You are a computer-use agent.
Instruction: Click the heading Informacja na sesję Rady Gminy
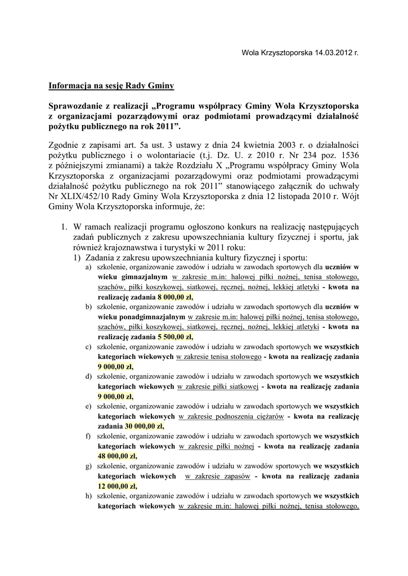click(111, 85)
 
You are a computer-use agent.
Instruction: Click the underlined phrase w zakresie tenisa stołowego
click(219, 357)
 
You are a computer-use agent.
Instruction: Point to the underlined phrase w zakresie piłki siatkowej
click(218, 386)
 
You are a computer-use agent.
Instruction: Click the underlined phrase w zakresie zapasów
click(217, 476)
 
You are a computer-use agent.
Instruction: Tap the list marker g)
click(88, 466)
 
